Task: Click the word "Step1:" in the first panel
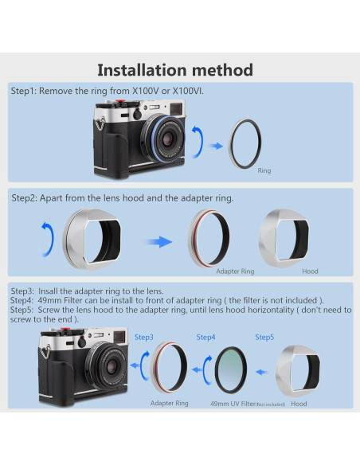click(x=25, y=92)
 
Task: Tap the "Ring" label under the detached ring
click(x=264, y=170)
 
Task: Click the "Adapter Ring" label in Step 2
click(x=235, y=272)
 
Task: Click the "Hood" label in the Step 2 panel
click(x=310, y=272)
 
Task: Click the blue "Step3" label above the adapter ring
click(x=144, y=338)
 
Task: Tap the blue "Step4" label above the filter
click(x=206, y=338)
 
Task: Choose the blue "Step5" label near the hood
click(x=265, y=338)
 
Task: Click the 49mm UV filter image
click(x=233, y=369)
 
